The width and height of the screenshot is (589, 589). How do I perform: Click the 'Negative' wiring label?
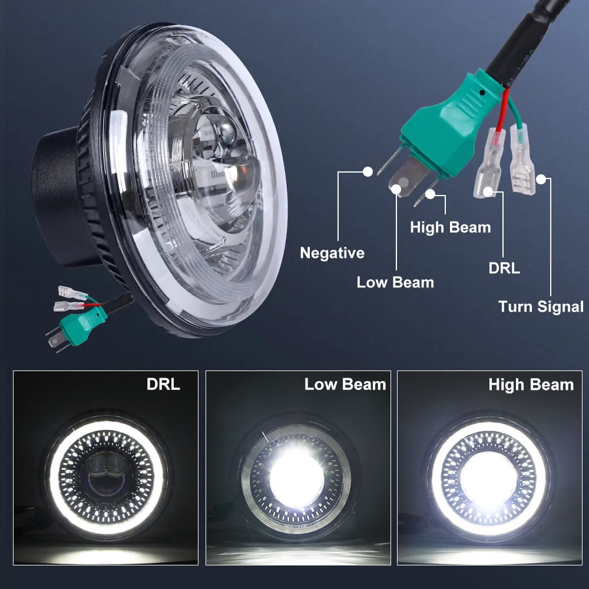click(x=332, y=253)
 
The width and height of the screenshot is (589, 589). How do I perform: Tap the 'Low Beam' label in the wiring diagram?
click(x=395, y=282)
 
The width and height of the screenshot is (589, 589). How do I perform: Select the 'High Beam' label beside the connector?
click(x=451, y=227)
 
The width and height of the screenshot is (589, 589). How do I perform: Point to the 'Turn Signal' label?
click(x=541, y=307)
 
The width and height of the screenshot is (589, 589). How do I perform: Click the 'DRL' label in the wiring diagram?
click(x=504, y=268)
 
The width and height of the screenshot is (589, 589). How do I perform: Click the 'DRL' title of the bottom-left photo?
click(x=163, y=384)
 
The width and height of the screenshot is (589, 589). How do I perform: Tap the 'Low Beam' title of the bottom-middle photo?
click(x=345, y=384)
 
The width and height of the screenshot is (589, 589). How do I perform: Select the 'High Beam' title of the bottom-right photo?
click(x=531, y=385)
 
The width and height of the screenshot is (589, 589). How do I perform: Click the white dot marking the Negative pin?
click(x=368, y=171)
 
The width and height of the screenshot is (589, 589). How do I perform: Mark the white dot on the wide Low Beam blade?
click(x=396, y=189)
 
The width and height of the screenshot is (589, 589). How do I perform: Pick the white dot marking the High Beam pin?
click(x=430, y=194)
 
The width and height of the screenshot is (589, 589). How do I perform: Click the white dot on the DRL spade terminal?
click(x=488, y=192)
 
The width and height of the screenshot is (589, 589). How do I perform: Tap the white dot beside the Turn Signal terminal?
click(x=541, y=180)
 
